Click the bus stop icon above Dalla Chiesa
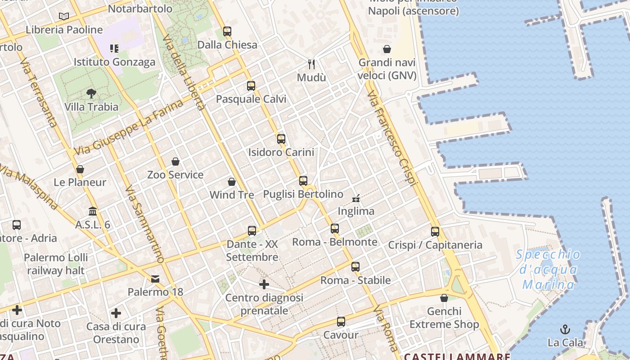click(227, 31)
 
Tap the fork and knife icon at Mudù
click(311, 64)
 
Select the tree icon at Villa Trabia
click(91, 94)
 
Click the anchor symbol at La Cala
click(565, 329)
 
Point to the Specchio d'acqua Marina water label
click(548, 270)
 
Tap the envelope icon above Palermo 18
click(155, 279)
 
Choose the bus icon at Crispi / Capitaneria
click(435, 232)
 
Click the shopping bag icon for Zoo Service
click(175, 162)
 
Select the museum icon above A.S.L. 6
click(93, 211)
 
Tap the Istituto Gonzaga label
click(114, 62)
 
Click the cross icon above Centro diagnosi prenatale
click(264, 284)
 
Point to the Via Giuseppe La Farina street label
click(129, 127)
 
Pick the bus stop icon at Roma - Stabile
click(355, 267)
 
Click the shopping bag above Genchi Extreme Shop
click(444, 298)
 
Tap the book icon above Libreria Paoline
click(64, 17)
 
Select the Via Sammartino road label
click(144, 224)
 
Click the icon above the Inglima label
click(356, 198)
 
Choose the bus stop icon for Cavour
click(341, 322)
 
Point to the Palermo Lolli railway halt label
click(56, 264)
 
